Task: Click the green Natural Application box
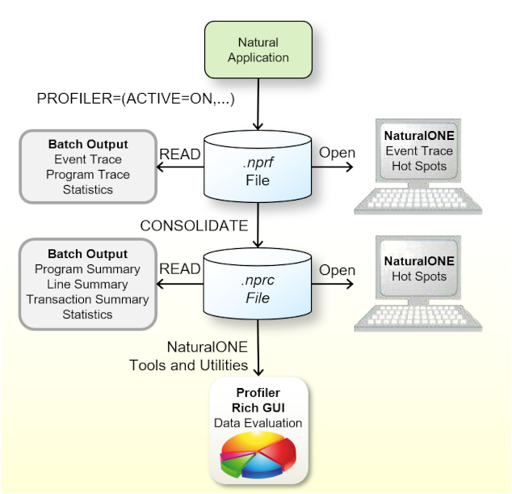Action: click(x=258, y=50)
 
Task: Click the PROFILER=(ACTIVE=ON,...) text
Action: click(x=136, y=99)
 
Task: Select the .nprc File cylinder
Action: click(x=258, y=283)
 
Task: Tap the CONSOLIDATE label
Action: click(x=194, y=226)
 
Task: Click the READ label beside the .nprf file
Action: click(x=180, y=153)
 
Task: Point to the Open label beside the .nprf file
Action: click(x=337, y=153)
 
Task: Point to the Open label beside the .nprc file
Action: click(x=337, y=269)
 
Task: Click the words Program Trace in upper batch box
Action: click(x=88, y=175)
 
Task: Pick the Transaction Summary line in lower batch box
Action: click(x=88, y=299)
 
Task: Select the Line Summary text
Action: click(x=88, y=284)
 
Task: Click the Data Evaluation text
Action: click(x=258, y=423)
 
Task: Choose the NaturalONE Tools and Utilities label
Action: click(x=188, y=356)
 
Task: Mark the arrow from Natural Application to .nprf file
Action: click(x=258, y=101)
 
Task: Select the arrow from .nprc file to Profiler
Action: click(x=258, y=348)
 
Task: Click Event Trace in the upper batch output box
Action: click(x=88, y=160)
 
